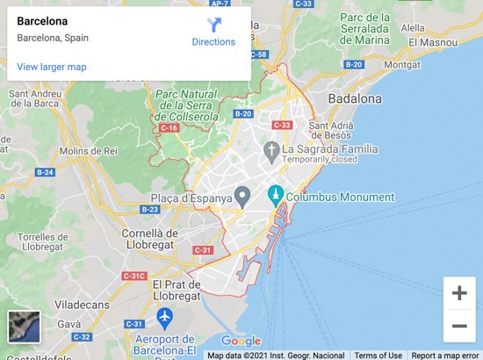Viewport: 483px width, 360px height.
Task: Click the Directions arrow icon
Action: coord(214,25)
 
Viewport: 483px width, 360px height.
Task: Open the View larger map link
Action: coord(51,67)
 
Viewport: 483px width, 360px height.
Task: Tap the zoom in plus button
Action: coord(458,293)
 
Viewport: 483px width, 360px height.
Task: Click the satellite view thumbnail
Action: coord(22,326)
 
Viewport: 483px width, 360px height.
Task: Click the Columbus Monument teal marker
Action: coord(275,196)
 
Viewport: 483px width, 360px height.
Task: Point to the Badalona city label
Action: coord(355,99)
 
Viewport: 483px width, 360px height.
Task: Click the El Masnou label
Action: coord(443,41)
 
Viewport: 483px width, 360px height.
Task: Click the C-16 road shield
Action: coord(169,128)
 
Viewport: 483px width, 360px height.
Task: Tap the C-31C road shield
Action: coord(133,276)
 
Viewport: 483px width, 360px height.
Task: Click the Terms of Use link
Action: coord(378,355)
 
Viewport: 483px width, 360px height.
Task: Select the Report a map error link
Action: coord(445,355)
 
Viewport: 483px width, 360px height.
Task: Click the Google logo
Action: coord(241,341)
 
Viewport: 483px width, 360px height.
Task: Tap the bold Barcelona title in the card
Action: coord(42,20)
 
